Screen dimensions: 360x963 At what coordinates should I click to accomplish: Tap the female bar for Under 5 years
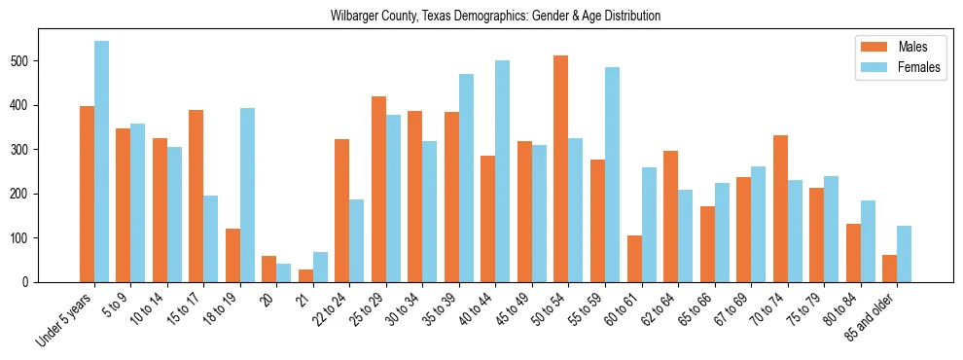(101, 162)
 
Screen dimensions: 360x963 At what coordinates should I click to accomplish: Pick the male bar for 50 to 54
(560, 169)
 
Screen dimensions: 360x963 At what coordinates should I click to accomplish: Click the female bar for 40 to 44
(502, 171)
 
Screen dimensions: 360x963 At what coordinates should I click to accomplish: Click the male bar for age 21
(305, 275)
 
